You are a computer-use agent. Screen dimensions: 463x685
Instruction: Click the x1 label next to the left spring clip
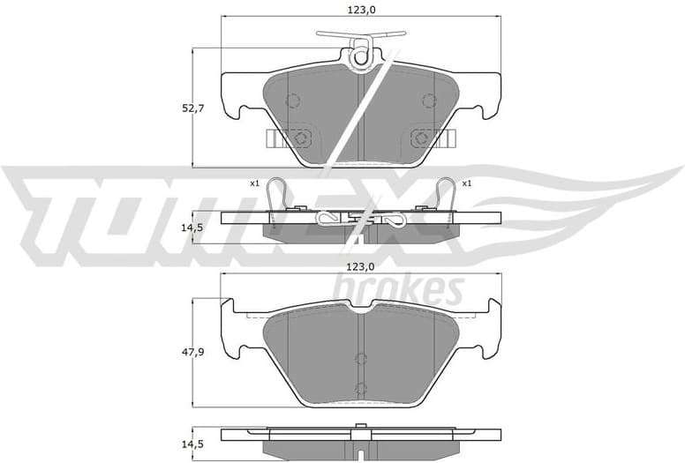pos(254,183)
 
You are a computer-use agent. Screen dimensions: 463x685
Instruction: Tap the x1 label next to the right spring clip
pos(467,183)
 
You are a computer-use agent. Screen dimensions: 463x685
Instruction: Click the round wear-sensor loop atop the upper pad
pos(360,57)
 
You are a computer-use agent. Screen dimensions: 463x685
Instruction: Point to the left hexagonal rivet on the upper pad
pos(300,138)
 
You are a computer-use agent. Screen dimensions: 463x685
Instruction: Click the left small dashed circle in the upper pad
pos(293,100)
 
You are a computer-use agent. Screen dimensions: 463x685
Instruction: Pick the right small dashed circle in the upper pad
pos(429,100)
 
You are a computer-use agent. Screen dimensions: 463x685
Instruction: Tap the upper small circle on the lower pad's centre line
pos(360,357)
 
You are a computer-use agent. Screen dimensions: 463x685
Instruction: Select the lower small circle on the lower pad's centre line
pos(360,388)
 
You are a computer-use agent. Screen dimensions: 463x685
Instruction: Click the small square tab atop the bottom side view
pos(360,428)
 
